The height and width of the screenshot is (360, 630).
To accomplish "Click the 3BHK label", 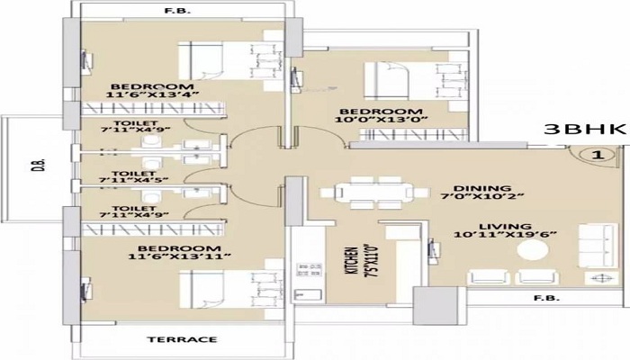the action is [x=585, y=130].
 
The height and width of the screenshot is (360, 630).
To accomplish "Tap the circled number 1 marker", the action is [x=598, y=155].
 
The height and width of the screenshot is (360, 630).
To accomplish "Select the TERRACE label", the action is [x=182, y=340].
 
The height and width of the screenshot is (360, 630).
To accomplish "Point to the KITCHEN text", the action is [x=351, y=260].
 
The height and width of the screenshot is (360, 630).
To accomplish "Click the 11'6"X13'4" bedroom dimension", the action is [x=153, y=95].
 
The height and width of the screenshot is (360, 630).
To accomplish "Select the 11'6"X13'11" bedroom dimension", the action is [x=179, y=256].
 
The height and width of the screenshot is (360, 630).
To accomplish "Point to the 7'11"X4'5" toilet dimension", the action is [x=134, y=181].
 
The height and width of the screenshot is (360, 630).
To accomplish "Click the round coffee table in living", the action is [x=533, y=250].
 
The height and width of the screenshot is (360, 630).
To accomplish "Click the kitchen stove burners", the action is [x=309, y=270].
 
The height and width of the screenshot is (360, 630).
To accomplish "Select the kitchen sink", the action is [x=309, y=294].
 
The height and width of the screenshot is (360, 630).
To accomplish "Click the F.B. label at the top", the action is [x=176, y=11].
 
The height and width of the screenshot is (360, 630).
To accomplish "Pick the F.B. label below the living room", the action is [x=546, y=298].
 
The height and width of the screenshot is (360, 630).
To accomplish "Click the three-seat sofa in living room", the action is [x=598, y=245].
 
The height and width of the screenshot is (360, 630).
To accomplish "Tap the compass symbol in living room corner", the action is [x=601, y=278].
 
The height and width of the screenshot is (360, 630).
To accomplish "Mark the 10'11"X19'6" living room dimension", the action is [x=505, y=235].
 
